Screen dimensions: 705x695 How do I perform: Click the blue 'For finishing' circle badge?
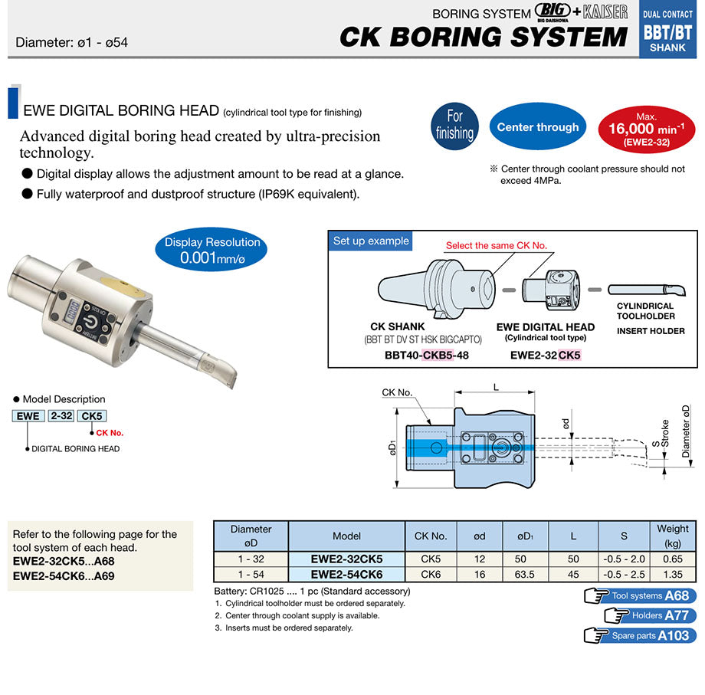click(454, 126)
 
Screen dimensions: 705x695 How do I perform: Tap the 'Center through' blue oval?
click(538, 126)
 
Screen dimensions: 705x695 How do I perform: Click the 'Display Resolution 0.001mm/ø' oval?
click(211, 250)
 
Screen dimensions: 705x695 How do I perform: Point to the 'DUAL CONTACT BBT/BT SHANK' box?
click(667, 29)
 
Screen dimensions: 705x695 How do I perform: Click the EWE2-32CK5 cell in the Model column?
click(346, 559)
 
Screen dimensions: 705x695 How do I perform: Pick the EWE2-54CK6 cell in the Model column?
click(346, 574)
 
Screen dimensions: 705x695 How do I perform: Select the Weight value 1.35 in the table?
click(673, 574)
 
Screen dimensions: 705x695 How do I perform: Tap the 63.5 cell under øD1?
click(525, 574)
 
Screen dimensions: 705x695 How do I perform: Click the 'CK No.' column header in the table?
click(431, 536)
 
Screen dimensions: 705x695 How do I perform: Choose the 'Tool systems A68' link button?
click(641, 595)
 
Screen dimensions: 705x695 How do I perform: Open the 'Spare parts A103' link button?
click(641, 635)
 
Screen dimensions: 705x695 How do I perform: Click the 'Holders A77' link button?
click(650, 615)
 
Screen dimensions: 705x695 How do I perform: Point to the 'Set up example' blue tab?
click(371, 241)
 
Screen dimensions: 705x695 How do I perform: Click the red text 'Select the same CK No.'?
click(497, 245)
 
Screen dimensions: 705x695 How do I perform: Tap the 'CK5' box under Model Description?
click(92, 416)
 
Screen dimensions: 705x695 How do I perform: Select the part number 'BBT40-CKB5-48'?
click(427, 355)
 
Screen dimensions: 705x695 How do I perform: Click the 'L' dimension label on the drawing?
click(496, 387)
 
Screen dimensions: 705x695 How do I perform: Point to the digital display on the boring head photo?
click(72, 310)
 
